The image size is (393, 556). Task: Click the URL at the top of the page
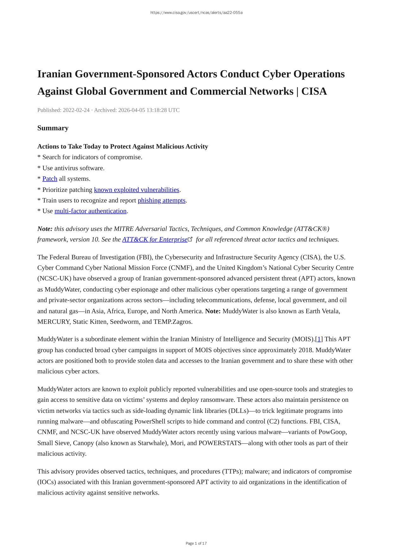(x=196, y=13)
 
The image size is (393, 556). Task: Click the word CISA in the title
(x=314, y=92)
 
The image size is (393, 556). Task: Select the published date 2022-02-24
(x=76, y=110)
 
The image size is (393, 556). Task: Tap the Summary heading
(x=53, y=128)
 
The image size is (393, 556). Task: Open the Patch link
(x=50, y=179)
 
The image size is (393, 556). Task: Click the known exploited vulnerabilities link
(x=136, y=190)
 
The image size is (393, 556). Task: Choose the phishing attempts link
(x=161, y=200)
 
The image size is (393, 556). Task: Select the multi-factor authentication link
(x=90, y=211)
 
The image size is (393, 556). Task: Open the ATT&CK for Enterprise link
(x=155, y=239)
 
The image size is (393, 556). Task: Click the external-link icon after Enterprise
(x=190, y=239)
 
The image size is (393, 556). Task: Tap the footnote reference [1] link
(x=319, y=339)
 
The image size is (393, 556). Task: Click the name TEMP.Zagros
(x=173, y=322)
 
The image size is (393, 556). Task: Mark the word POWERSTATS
(x=220, y=443)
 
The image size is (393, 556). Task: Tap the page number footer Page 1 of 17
(x=196, y=544)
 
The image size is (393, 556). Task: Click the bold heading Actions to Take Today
(x=122, y=147)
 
